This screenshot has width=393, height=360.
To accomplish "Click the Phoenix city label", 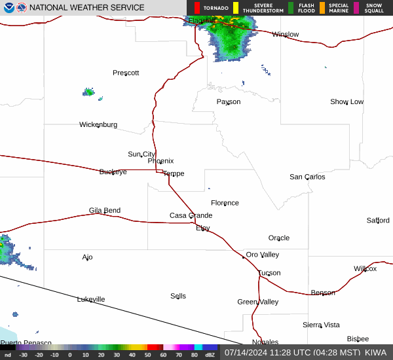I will [x=160, y=161].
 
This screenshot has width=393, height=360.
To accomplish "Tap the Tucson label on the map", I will [x=269, y=273].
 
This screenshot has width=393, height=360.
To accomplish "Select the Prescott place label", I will [x=126, y=73].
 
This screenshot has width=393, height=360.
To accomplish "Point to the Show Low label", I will [x=346, y=102].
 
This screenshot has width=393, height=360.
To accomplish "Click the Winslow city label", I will [x=285, y=34].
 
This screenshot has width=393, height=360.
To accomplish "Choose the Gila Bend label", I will [x=105, y=211].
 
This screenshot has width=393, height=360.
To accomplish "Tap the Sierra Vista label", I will [x=321, y=325].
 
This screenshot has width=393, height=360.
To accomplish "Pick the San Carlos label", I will [x=307, y=177].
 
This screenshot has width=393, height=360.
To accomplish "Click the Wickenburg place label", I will [x=98, y=124].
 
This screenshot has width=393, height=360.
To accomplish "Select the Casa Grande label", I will [x=191, y=215].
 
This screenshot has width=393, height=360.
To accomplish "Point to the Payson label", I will [x=229, y=102].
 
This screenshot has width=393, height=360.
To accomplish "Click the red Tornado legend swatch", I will [x=197, y=8].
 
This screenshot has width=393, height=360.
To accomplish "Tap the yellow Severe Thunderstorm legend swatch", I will [x=236, y=8].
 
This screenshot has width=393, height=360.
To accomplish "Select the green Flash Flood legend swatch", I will [x=291, y=8].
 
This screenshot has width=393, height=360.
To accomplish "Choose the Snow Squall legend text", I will [x=375, y=8].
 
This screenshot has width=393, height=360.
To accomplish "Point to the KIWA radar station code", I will [x=375, y=352].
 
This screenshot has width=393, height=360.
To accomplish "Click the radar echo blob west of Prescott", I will [x=88, y=92].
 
